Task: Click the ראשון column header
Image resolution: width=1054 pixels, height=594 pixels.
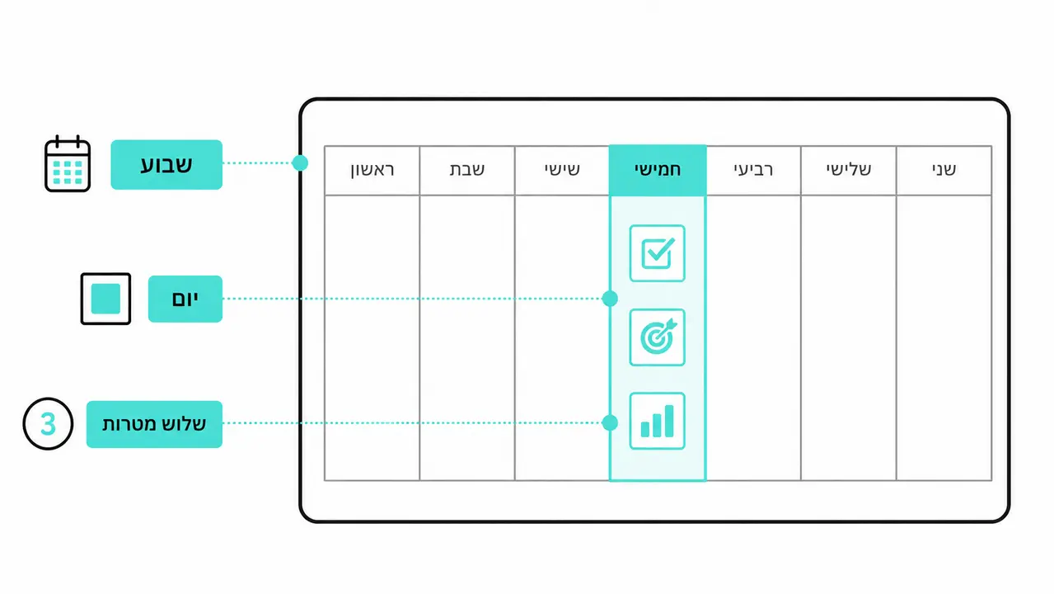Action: click(372, 170)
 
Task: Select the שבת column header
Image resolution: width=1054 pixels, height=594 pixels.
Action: click(466, 170)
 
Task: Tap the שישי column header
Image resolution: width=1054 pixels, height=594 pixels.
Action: click(562, 170)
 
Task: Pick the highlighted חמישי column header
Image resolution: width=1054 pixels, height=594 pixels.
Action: click(658, 170)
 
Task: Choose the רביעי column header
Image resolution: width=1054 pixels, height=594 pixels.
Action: click(753, 170)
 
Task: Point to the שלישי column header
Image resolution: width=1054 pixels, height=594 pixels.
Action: click(848, 170)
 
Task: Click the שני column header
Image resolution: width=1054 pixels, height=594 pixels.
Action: click(944, 170)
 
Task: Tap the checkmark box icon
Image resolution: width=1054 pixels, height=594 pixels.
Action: click(657, 253)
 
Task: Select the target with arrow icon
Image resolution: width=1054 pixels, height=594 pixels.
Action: click(657, 337)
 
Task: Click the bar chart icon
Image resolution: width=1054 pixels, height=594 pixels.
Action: click(657, 421)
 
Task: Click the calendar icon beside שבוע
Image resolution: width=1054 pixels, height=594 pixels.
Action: click(68, 163)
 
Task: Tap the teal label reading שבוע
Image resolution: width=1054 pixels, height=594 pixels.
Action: click(166, 165)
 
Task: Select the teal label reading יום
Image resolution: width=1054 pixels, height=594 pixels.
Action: click(185, 299)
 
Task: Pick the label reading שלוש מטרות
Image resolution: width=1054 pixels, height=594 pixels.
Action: click(154, 424)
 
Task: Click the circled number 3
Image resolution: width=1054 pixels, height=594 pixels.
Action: click(48, 424)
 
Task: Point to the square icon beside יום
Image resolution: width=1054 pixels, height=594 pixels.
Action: click(105, 299)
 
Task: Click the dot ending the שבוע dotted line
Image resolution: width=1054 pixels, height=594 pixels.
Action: click(300, 163)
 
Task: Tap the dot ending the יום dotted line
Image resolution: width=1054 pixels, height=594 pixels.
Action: click(610, 299)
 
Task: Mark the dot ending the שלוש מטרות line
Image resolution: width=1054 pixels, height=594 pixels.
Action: click(610, 423)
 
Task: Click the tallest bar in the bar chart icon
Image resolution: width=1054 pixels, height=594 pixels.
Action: click(668, 421)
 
